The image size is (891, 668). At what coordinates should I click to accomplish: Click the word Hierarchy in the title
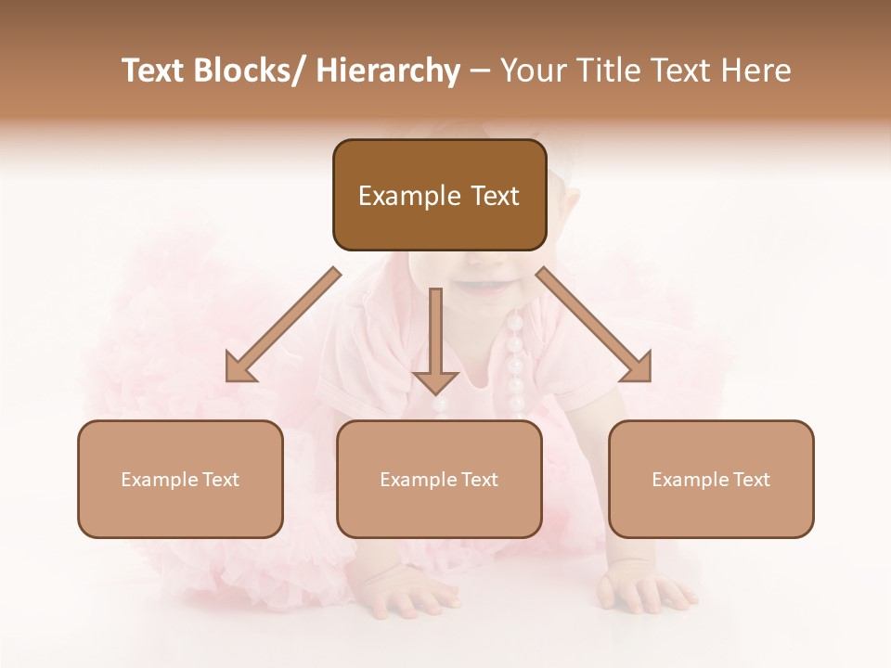click(x=388, y=71)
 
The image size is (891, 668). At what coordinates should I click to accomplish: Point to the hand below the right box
click(x=645, y=590)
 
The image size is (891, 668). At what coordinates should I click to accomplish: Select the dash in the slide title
click(x=480, y=71)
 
